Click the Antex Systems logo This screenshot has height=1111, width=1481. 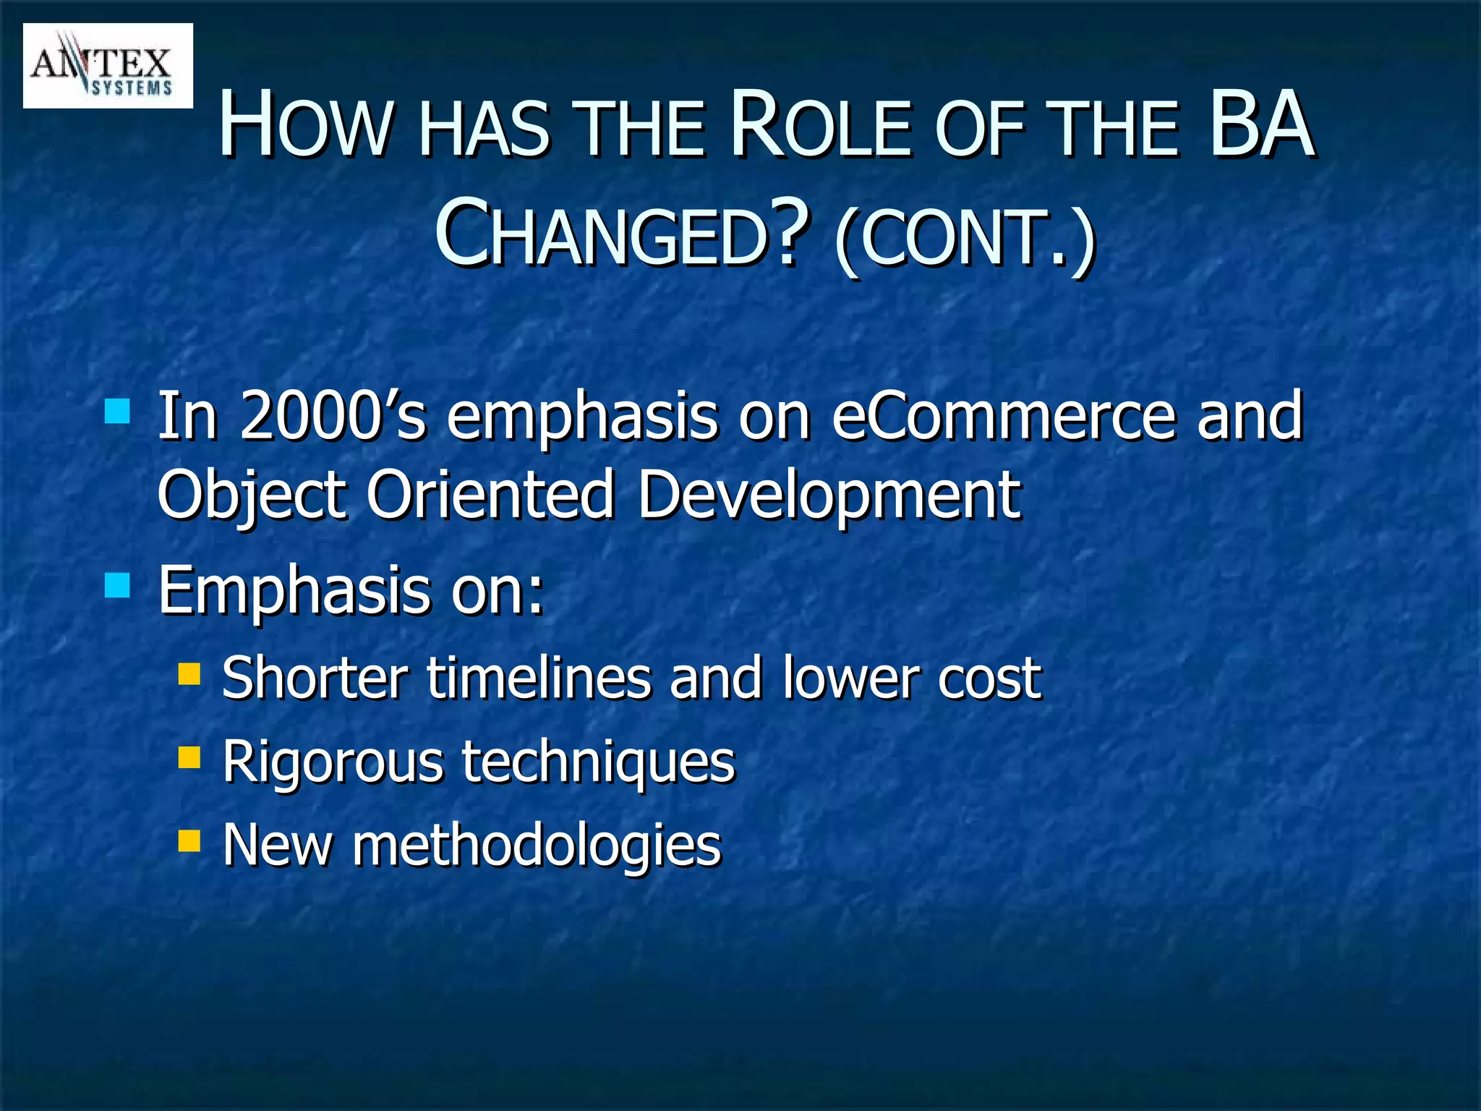pos(108,66)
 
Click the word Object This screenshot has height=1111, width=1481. pos(251,495)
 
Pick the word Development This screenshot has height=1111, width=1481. pos(829,495)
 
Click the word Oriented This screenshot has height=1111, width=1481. pos(490,495)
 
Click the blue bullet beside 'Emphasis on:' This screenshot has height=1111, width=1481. pos(117,585)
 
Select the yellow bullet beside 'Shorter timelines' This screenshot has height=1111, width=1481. pos(189,674)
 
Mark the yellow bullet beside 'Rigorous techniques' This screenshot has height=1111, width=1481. pos(189,757)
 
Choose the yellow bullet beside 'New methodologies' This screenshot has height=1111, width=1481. pos(189,840)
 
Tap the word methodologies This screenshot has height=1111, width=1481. pos(537,845)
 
